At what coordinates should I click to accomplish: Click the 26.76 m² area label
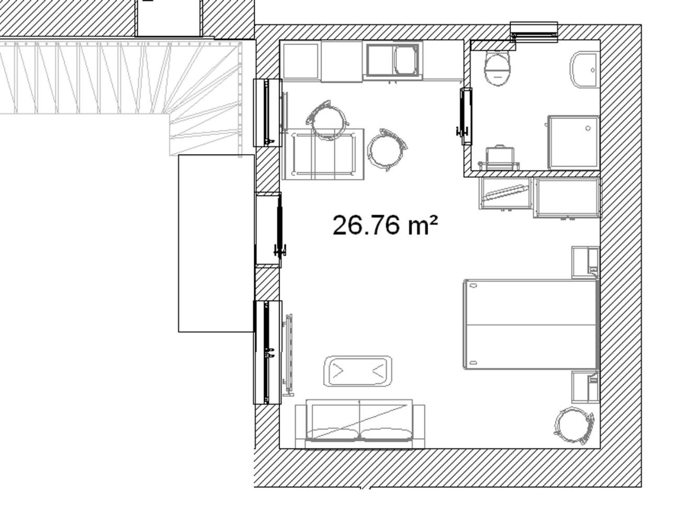[x=385, y=225]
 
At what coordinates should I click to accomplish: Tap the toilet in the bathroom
[x=497, y=68]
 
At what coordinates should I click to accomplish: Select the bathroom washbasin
[x=584, y=70]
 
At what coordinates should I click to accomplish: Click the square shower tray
[x=574, y=143]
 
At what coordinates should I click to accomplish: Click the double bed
[x=531, y=325]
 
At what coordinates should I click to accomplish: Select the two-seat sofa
[x=360, y=423]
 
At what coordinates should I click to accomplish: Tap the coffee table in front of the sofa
[x=357, y=371]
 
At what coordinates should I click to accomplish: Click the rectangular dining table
[x=323, y=154]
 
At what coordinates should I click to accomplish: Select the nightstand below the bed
[x=586, y=386]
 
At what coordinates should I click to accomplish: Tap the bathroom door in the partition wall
[x=466, y=116]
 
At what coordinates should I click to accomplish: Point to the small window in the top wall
[x=534, y=32]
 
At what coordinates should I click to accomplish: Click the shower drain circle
[x=588, y=128]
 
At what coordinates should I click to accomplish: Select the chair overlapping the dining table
[x=328, y=120]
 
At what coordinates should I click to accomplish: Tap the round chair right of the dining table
[x=387, y=149]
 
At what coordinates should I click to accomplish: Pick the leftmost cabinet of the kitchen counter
[x=301, y=61]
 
